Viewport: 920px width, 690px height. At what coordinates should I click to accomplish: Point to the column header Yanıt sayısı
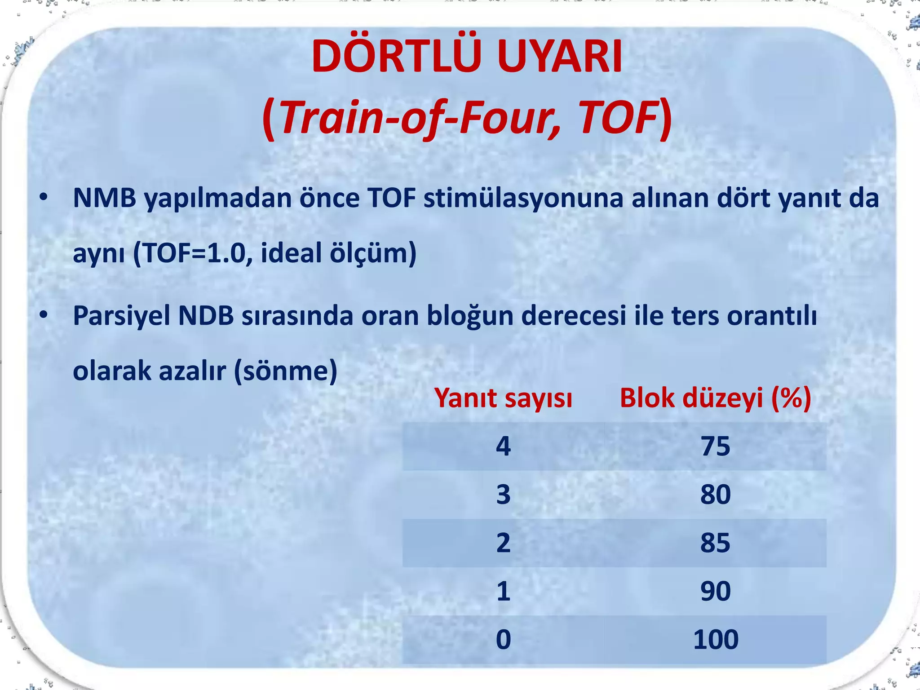pos(503,398)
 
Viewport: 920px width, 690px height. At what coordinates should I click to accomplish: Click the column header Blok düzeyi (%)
pos(715,398)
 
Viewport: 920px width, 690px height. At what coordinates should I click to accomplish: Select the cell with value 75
pos(715,447)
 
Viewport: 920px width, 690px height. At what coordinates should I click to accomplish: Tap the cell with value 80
pos(715,495)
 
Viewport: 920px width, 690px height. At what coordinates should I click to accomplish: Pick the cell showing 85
pos(715,543)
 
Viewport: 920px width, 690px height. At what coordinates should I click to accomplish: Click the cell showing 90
pos(715,591)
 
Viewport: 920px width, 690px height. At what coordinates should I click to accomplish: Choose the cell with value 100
pos(715,639)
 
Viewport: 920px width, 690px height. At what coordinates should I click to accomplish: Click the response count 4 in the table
pos(503,447)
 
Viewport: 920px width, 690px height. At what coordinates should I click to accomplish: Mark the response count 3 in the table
pos(503,495)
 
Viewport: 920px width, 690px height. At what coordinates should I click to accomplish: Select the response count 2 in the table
pos(503,543)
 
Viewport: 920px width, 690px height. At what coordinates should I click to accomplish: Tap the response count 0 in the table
pos(503,639)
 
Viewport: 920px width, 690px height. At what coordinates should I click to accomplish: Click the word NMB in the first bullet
pos(104,198)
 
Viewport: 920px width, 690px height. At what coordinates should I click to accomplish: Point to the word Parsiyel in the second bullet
pos(121,316)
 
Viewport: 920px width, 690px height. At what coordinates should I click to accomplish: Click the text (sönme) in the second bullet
pos(286,371)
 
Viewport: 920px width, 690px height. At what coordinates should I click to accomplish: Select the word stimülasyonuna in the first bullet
pos(523,198)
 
